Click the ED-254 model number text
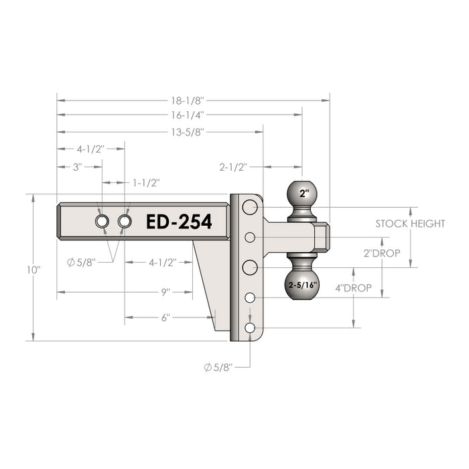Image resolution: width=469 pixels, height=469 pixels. pos(179,222)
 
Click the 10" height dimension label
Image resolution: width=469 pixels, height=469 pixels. pos(34,269)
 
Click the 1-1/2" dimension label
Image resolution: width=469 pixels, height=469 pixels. pos(146,182)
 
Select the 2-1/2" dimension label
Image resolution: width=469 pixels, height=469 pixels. pos(234,166)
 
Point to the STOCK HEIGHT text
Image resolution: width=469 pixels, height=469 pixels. pos(409,224)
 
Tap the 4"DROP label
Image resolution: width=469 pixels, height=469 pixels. pos(354,288)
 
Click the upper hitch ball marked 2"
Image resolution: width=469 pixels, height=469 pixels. pos(304,195)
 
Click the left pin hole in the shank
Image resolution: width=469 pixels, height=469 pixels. pos(102,221)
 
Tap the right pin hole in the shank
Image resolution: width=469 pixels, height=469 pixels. pos(125,221)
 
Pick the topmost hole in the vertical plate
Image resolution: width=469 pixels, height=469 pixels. pos(250,207)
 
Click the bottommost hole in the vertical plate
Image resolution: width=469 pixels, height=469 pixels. pos(250,328)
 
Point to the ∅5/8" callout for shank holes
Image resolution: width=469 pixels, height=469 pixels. pos(81,263)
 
